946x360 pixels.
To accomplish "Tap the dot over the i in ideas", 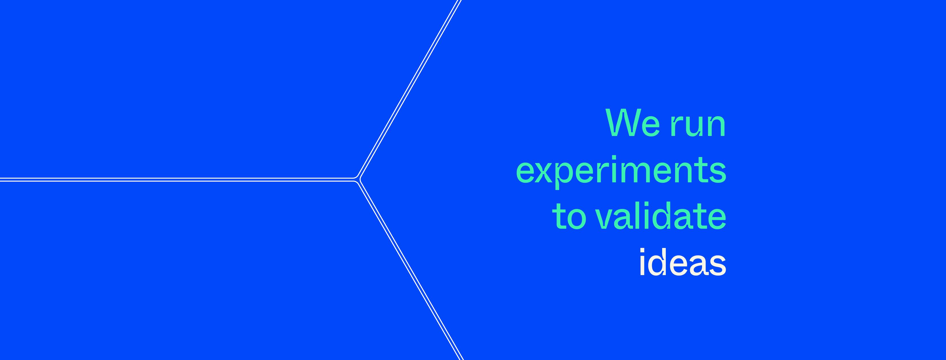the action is tap(642, 250).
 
